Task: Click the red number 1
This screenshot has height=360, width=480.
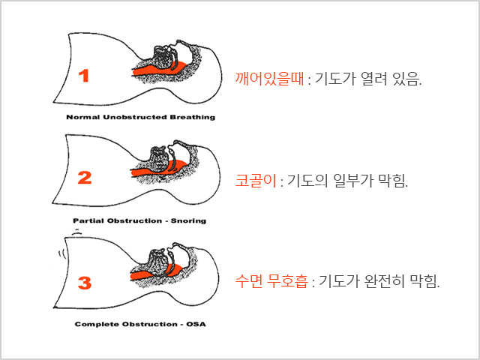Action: coord(84,76)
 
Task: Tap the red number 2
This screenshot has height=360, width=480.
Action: coord(85,178)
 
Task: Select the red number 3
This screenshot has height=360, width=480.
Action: coord(85,283)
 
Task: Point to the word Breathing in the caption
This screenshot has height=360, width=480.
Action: coord(193,117)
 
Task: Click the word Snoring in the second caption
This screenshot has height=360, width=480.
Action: coord(188,220)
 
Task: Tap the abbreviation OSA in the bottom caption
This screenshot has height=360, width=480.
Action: coord(196,324)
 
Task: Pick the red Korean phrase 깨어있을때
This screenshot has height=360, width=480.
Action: coord(270,79)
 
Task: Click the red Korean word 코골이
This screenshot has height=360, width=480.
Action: coord(256,180)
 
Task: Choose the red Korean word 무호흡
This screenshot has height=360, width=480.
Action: coord(287,280)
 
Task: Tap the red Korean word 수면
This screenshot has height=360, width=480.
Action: coord(248,280)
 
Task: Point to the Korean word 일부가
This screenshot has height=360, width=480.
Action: coord(353,180)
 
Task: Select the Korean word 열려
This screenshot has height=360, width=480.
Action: coord(374,79)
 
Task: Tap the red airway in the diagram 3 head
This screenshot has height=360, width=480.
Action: coord(154,272)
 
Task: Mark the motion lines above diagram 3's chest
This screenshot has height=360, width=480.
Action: coord(76,232)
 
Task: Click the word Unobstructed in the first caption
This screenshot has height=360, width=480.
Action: coord(135,117)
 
